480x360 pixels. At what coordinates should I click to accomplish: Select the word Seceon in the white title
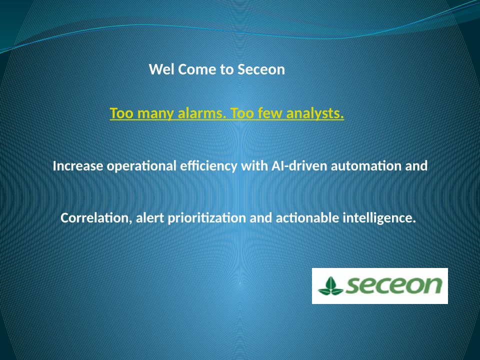pos(261,69)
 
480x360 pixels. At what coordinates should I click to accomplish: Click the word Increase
pos(78,166)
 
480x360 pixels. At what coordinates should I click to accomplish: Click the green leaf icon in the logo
pos(330,286)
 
